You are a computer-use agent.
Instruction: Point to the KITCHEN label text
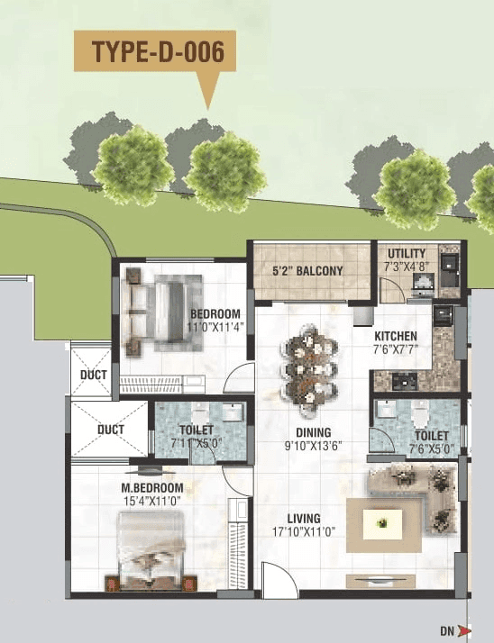[396, 338]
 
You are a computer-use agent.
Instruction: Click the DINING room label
[312, 432]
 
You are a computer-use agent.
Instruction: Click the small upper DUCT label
[93, 375]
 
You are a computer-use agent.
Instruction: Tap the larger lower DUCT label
[110, 430]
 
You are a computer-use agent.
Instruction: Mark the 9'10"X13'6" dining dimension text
[312, 445]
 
